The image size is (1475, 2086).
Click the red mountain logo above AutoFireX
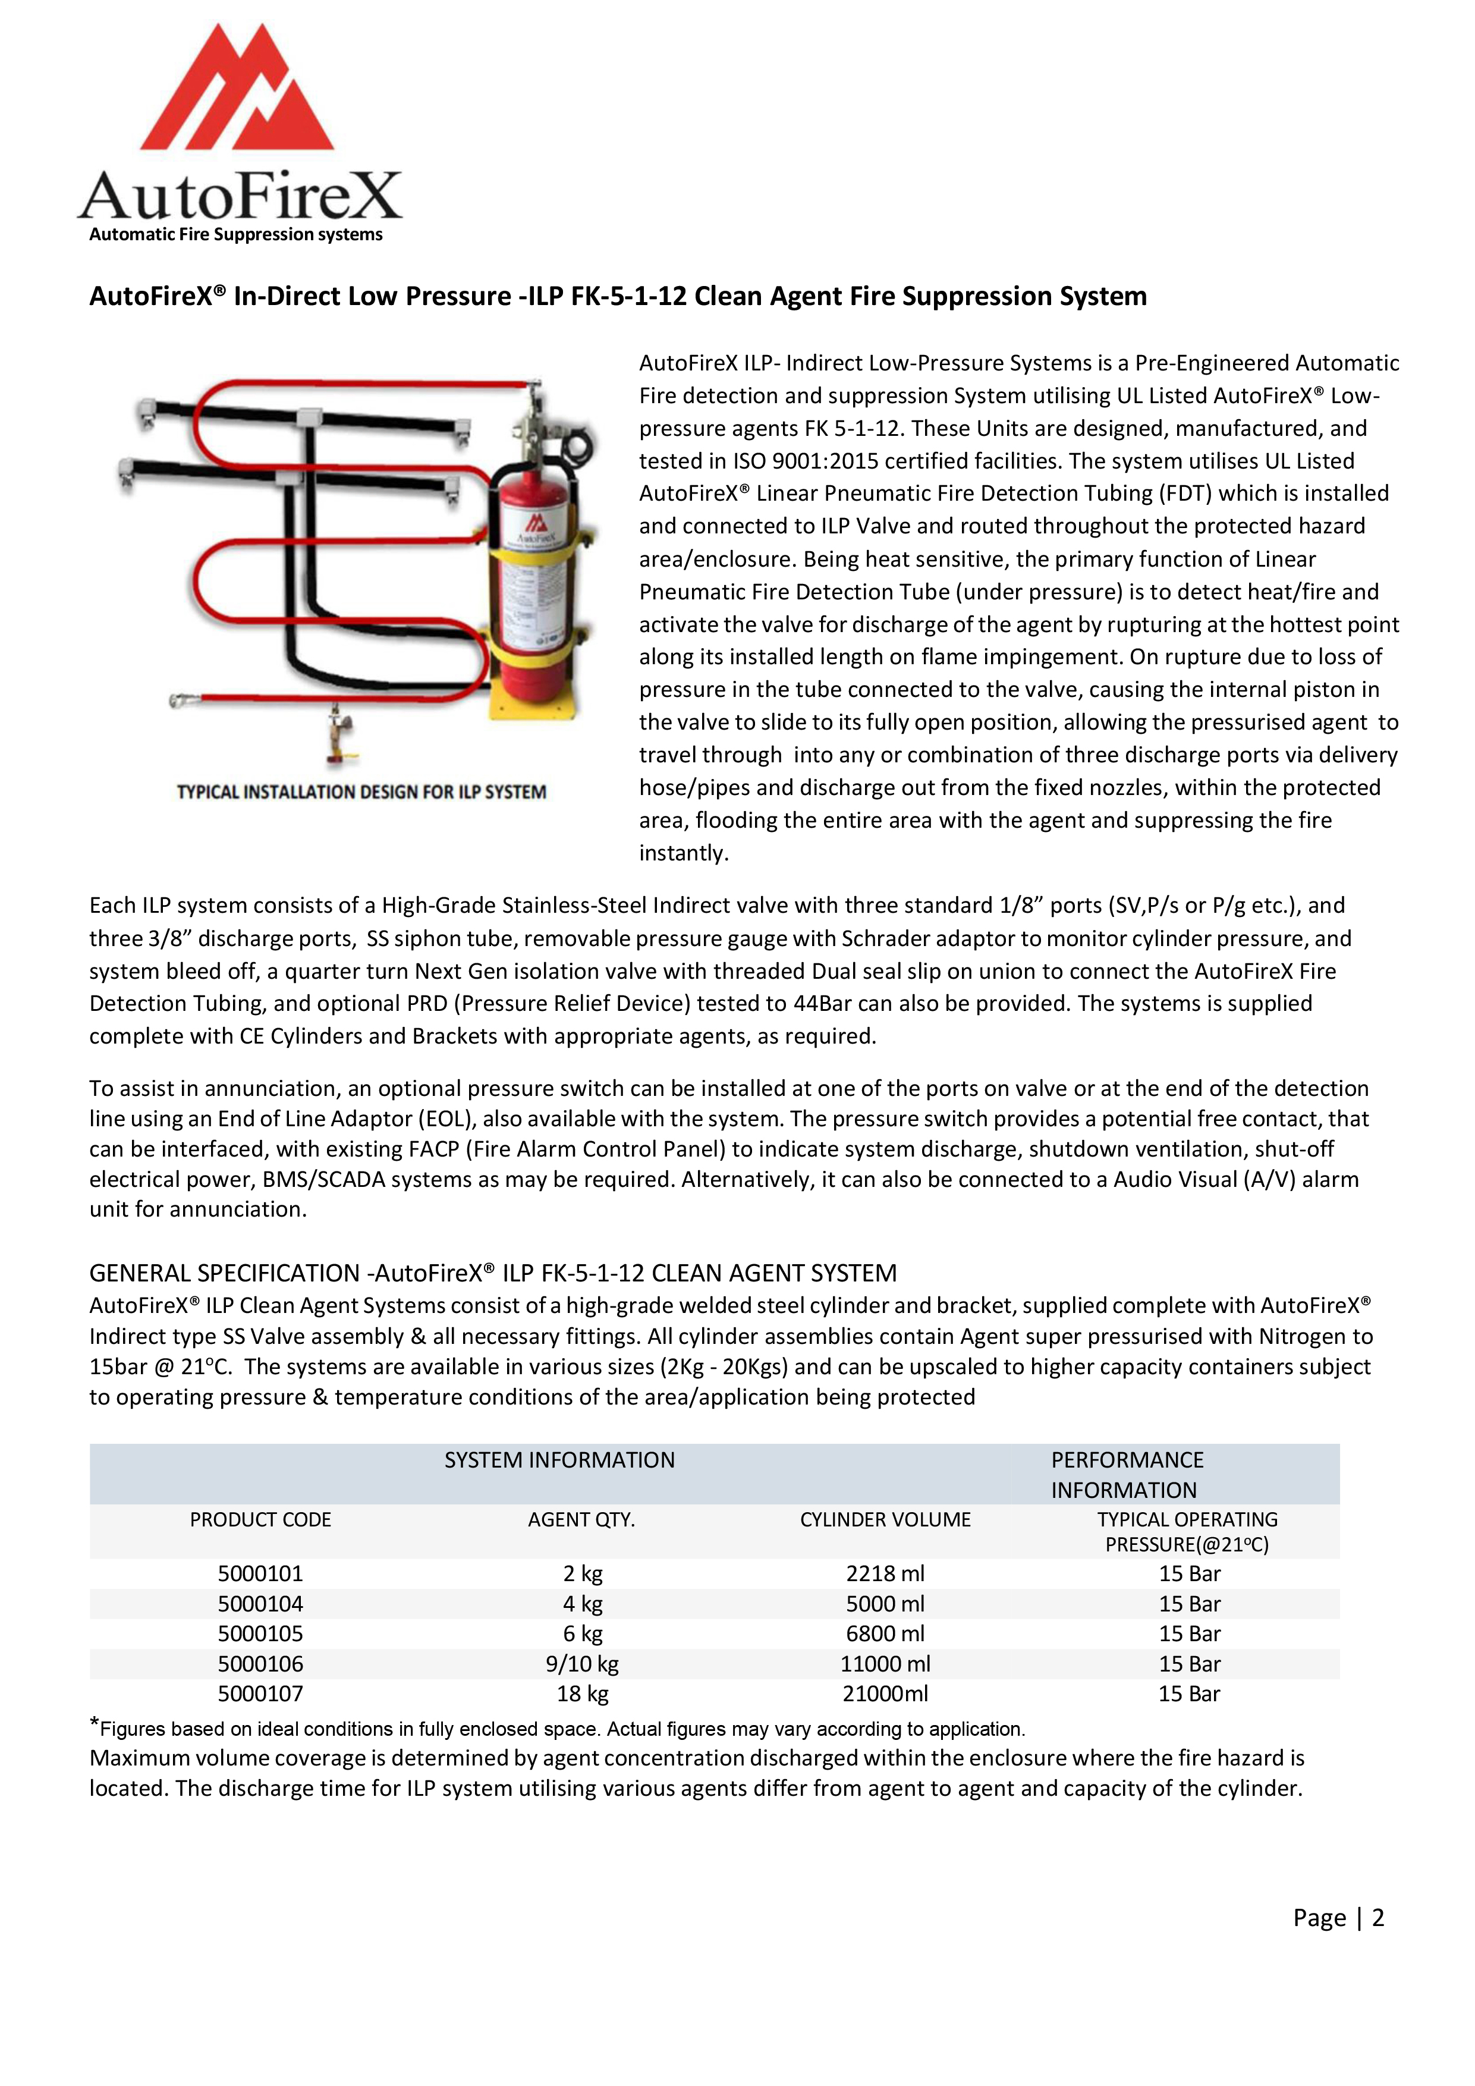coord(238,91)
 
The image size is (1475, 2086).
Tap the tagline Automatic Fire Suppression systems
coord(235,234)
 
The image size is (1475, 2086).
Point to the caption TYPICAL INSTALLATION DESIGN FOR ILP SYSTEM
coord(361,792)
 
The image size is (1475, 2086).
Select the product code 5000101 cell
coord(260,1573)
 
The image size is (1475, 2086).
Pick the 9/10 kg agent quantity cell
coord(582,1664)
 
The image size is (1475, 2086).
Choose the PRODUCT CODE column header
coord(260,1520)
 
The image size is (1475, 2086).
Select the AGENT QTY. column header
coord(581,1520)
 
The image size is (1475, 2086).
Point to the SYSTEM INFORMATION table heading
coord(559,1460)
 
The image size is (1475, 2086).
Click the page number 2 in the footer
coord(1378,1917)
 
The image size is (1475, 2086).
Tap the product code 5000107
coord(260,1694)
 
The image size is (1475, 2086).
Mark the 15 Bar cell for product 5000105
coord(1189,1633)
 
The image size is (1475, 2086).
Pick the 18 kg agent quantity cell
coord(582,1694)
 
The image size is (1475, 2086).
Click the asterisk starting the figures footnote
coord(95,1723)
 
